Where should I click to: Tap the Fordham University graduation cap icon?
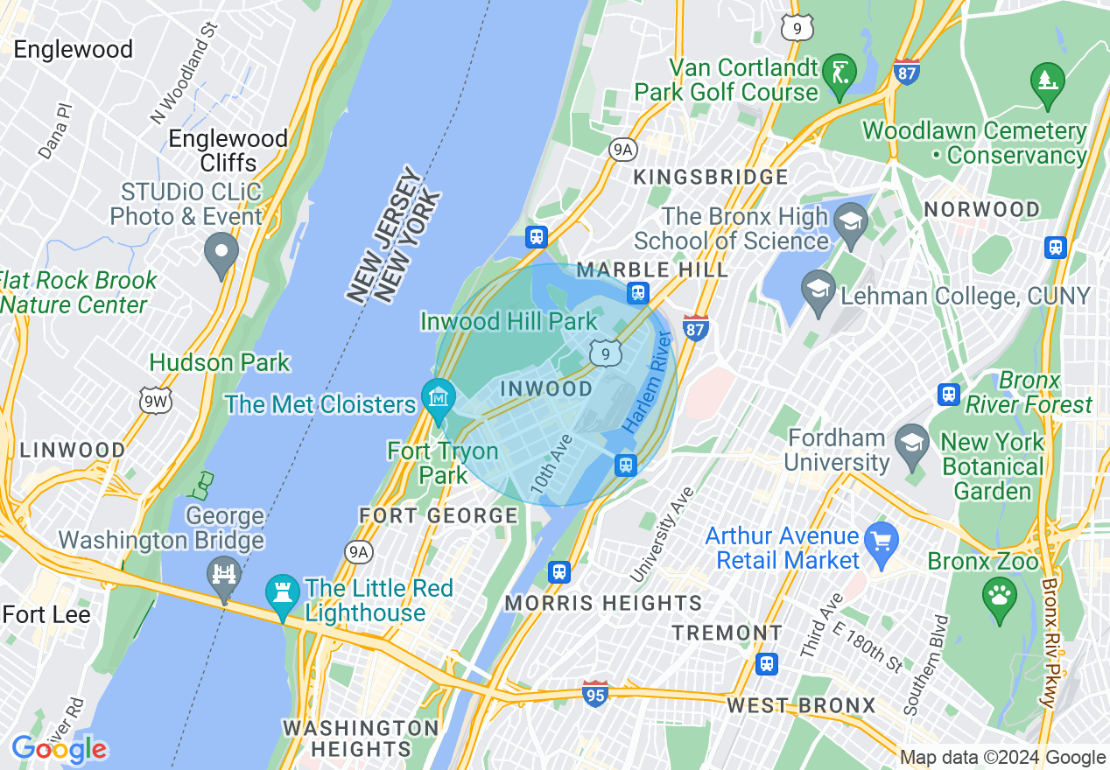(x=912, y=440)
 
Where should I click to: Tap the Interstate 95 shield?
(x=595, y=695)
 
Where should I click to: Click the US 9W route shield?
(x=156, y=401)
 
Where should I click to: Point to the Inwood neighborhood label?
(x=546, y=388)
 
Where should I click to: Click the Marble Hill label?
(x=652, y=270)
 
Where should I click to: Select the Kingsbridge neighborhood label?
(x=711, y=178)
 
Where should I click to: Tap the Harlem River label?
(x=649, y=382)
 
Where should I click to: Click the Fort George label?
(x=439, y=515)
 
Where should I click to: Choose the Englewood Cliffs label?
(x=228, y=150)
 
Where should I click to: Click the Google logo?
(x=59, y=749)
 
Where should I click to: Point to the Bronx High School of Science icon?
(x=849, y=220)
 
